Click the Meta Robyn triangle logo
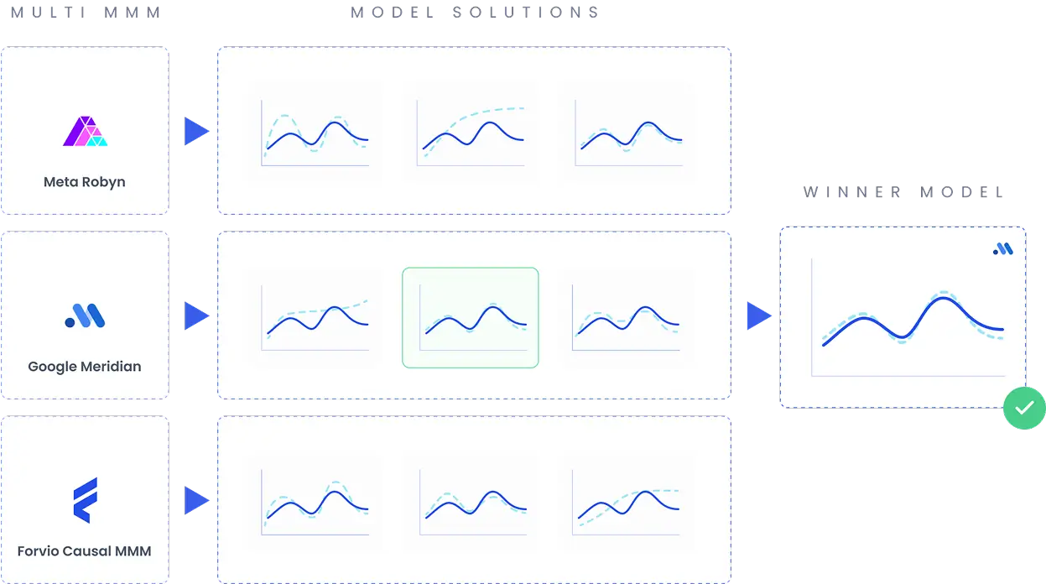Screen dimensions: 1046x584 85,131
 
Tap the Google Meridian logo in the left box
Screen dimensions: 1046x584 85,315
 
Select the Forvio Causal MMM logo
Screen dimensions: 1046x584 86,500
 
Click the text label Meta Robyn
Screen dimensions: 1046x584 85,182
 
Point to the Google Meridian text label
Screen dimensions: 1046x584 85,367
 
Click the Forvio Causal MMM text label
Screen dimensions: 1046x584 85,550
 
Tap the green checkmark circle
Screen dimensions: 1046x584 1024,408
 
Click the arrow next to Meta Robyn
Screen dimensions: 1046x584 196,131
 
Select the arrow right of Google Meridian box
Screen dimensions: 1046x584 196,315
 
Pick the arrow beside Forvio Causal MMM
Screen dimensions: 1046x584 196,500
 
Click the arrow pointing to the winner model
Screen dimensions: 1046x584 759,315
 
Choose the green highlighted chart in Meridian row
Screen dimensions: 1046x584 471,318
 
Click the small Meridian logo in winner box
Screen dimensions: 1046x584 1003,248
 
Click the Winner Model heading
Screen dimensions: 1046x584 903,192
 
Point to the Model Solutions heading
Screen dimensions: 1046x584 475,12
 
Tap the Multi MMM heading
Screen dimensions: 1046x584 86,12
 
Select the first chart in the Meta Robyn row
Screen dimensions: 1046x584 315,133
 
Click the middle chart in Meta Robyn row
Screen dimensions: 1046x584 471,133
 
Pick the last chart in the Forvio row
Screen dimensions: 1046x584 627,503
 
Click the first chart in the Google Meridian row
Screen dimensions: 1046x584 315,318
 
